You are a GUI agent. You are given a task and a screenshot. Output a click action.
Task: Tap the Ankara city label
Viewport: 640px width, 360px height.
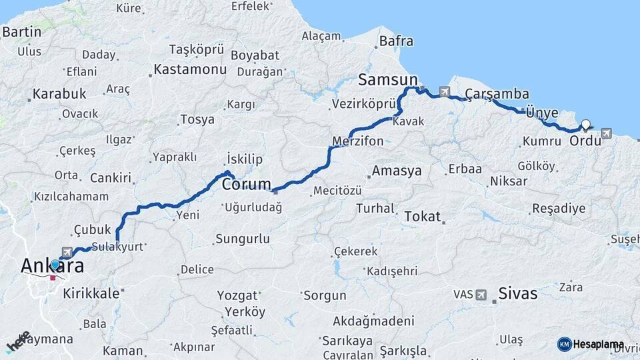tap(53, 267)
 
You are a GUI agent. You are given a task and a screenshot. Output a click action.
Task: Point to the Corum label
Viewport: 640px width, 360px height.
tap(246, 184)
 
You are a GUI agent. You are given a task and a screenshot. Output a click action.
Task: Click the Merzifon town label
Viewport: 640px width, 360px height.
tap(358, 141)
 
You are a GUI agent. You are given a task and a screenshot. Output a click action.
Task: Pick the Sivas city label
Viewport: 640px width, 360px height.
tap(517, 293)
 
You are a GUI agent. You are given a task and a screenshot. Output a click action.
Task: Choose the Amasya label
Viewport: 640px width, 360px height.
tap(397, 171)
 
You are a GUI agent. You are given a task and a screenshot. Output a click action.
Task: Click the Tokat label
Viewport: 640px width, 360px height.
tap(423, 216)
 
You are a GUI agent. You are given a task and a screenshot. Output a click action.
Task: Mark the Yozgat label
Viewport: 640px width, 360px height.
tap(237, 295)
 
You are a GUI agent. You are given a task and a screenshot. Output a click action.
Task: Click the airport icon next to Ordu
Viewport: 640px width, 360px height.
tap(605, 133)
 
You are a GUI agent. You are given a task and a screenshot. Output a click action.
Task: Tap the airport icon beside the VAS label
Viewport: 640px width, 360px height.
tap(482, 294)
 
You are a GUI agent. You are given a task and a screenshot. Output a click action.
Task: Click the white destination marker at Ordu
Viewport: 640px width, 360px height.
tap(585, 124)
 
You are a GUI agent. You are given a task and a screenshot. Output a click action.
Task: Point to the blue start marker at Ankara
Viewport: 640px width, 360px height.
tap(55, 265)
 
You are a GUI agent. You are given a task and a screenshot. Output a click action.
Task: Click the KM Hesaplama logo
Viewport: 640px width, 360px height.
tap(591, 344)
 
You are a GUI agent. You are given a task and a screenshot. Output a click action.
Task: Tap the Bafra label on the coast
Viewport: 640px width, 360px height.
tap(396, 41)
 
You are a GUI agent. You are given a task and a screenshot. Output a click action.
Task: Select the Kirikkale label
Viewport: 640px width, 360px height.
tap(91, 293)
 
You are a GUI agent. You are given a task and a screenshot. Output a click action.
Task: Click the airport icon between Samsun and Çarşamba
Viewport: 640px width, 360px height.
tap(445, 91)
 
